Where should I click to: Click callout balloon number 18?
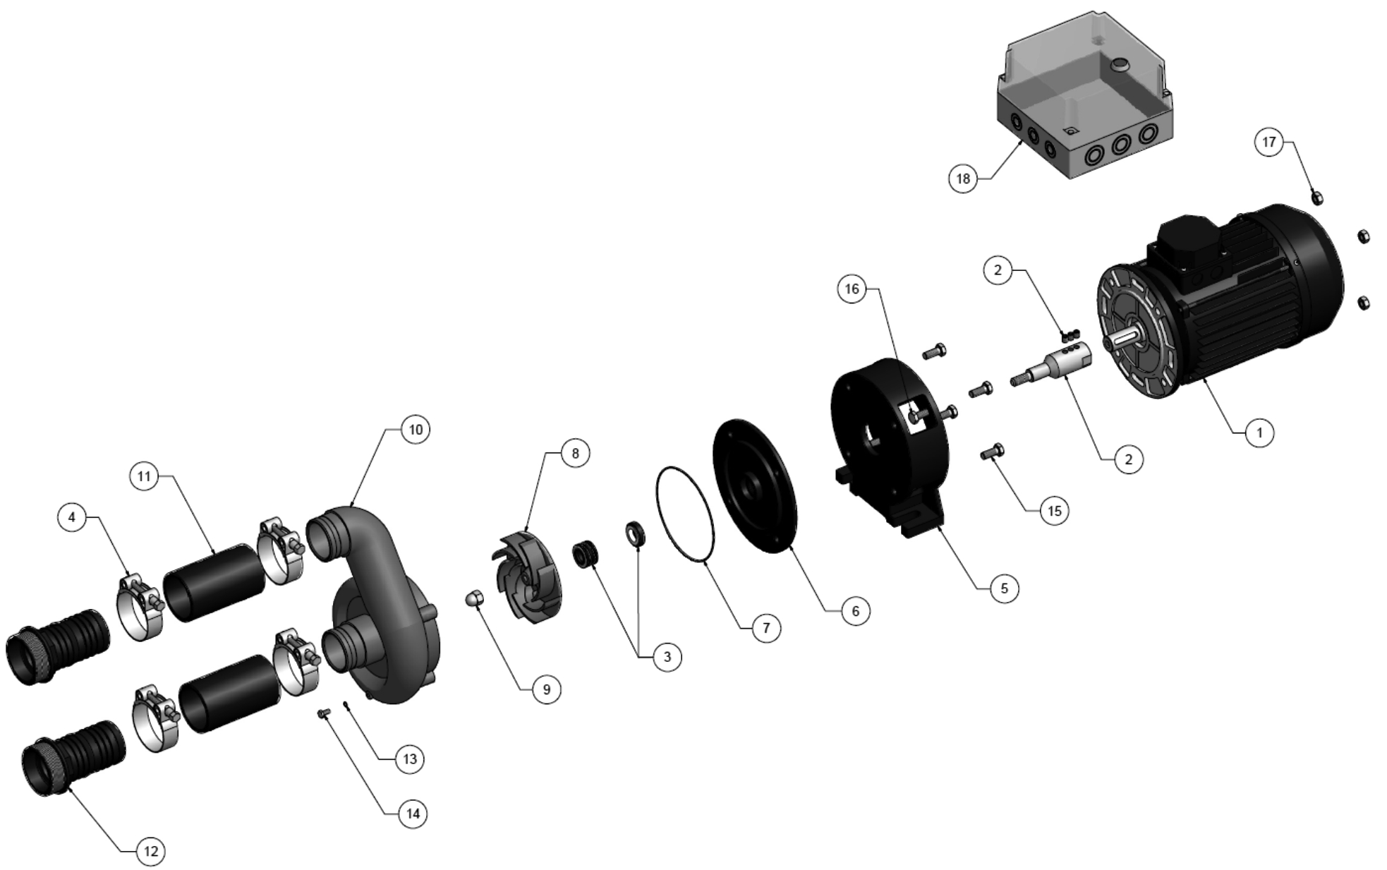point(963,179)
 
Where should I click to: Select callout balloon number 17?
point(1268,142)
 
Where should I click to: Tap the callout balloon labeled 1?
point(1260,432)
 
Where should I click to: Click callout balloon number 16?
point(852,289)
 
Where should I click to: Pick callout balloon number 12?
point(151,851)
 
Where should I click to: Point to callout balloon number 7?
point(766,627)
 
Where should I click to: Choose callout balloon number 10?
point(416,429)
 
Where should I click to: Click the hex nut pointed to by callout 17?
point(1316,197)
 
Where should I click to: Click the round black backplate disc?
point(755,487)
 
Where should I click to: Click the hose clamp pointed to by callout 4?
point(141,606)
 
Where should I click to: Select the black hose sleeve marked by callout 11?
point(213,581)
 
